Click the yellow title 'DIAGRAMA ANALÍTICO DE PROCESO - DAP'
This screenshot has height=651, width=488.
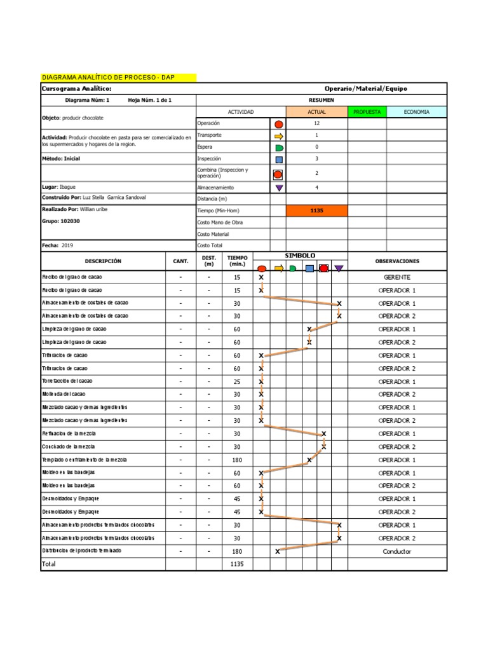(x=107, y=78)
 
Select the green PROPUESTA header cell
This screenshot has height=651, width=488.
(x=367, y=112)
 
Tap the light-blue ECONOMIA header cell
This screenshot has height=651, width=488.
(x=416, y=112)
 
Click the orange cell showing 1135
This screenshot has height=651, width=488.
(x=317, y=210)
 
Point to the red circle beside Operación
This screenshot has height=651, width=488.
(x=278, y=124)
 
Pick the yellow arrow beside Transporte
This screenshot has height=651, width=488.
(x=278, y=136)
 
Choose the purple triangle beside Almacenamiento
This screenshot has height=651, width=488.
(x=278, y=188)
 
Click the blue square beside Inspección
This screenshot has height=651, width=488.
(x=278, y=160)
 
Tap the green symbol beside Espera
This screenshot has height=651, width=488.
(x=278, y=147)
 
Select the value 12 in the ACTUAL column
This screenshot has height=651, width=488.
(x=317, y=123)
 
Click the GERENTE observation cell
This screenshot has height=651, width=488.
(x=396, y=277)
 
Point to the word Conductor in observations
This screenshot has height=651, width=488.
(x=396, y=551)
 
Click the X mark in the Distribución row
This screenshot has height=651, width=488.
(x=278, y=551)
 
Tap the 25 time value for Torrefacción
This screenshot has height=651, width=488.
(x=237, y=381)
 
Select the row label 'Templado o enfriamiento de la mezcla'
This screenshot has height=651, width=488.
(x=85, y=460)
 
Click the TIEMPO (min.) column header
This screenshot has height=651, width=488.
(x=237, y=261)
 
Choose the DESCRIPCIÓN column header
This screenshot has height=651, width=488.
(x=103, y=261)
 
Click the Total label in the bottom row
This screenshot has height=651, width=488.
(x=49, y=564)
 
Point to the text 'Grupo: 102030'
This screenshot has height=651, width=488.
(x=61, y=221)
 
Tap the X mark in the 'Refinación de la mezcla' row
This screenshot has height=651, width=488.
(x=324, y=434)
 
